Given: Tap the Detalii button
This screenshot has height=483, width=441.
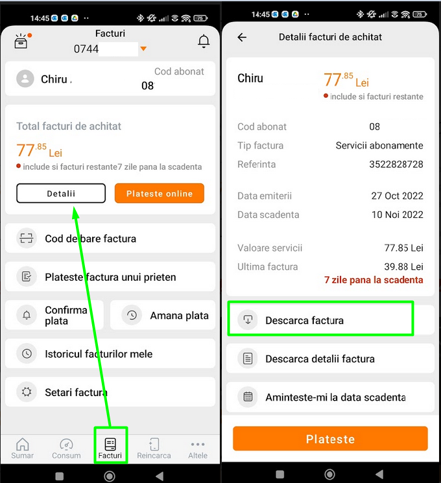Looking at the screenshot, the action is (61, 193).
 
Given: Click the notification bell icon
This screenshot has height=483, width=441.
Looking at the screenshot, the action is (204, 41).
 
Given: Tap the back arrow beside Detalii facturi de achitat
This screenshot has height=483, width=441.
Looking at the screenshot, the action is (242, 37).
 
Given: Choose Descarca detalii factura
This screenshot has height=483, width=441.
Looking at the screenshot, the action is (330, 359).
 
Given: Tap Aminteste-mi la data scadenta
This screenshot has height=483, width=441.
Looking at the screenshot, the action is (330, 397).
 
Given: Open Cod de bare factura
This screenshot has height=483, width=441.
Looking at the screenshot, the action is (110, 239).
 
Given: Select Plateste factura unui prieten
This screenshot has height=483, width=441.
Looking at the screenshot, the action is (110, 277).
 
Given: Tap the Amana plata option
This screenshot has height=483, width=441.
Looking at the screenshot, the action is (163, 315).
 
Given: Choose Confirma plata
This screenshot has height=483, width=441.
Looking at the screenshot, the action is (54, 315).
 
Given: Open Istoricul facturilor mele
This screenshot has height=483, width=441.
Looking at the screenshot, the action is (110, 353).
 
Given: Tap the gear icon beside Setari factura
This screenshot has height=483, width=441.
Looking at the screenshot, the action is (27, 392).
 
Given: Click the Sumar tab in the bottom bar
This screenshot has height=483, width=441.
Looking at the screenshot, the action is (22, 449).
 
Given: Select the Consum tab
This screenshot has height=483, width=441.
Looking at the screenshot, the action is (66, 449).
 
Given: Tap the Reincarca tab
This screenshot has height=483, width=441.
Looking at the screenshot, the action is (154, 449).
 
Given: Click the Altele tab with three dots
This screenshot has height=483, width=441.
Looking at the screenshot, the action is (198, 449).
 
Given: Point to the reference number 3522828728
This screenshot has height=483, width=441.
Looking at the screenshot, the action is (396, 164).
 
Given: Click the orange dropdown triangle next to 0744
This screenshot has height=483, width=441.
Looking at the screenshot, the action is (143, 49).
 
